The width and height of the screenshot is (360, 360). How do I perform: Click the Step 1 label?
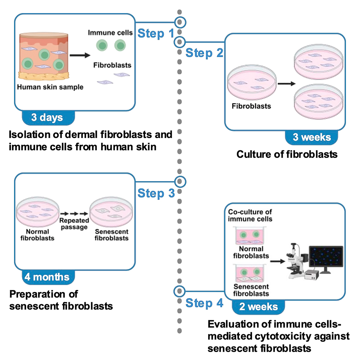pos(156,34)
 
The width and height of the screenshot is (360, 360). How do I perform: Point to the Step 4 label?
pos(204,303)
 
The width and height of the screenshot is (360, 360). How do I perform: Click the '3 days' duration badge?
pos(47,118)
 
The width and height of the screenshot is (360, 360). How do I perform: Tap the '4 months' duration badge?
pos(47,277)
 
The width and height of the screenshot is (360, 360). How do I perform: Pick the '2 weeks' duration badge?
pos(259,307)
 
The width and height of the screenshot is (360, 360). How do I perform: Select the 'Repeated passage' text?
pos(74,224)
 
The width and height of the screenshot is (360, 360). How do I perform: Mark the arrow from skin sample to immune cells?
pos(80,55)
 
